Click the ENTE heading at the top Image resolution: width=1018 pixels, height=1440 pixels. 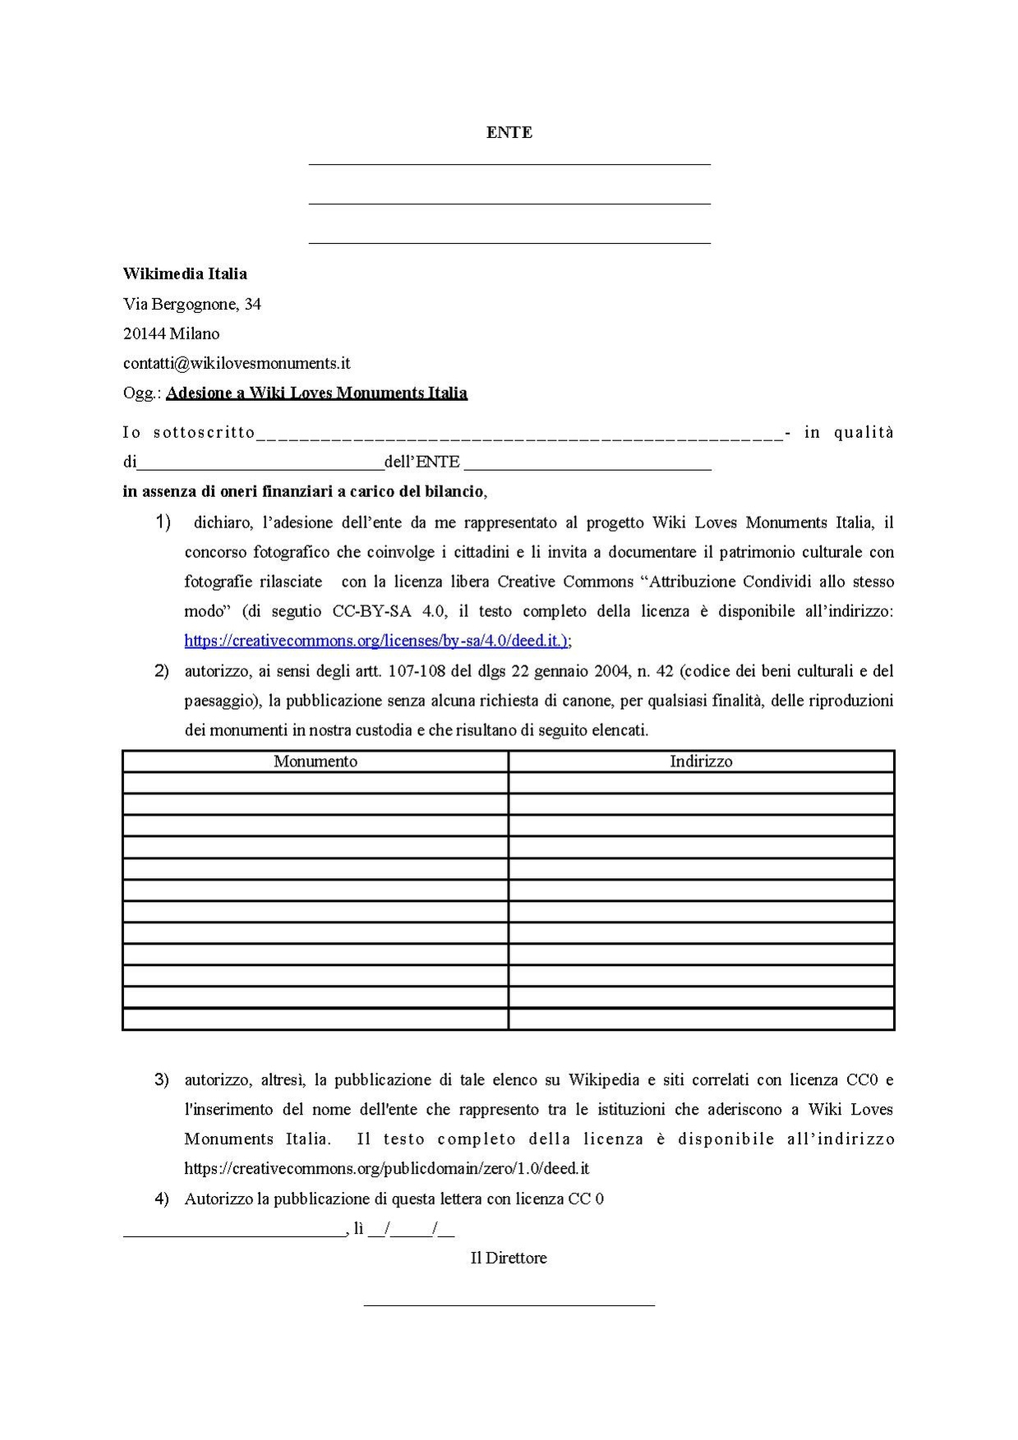(x=509, y=132)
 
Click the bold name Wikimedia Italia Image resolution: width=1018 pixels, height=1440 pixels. (x=185, y=274)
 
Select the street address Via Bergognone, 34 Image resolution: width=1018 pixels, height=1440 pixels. (x=192, y=304)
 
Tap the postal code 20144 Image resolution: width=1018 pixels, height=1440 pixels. (x=145, y=334)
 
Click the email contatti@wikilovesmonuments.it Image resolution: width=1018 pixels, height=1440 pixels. (x=237, y=363)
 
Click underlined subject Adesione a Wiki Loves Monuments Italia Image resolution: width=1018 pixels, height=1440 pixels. (x=316, y=393)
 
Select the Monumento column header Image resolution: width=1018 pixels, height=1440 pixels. (x=316, y=761)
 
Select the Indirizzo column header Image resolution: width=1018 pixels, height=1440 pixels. (x=701, y=761)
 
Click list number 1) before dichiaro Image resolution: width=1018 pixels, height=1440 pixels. (x=163, y=522)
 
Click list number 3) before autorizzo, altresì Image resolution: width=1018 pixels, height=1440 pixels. (x=162, y=1079)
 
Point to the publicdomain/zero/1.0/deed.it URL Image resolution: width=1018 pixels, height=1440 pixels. (x=387, y=1168)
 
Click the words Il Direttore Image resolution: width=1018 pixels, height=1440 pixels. (x=508, y=1258)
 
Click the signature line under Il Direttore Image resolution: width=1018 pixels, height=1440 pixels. (x=509, y=1304)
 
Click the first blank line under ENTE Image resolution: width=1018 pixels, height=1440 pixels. (x=509, y=163)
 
